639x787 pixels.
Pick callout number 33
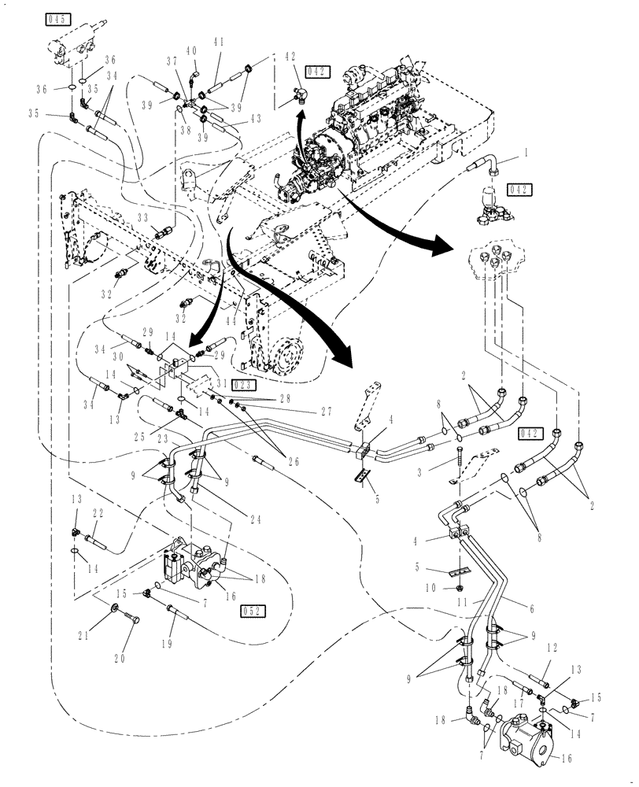(x=143, y=218)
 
